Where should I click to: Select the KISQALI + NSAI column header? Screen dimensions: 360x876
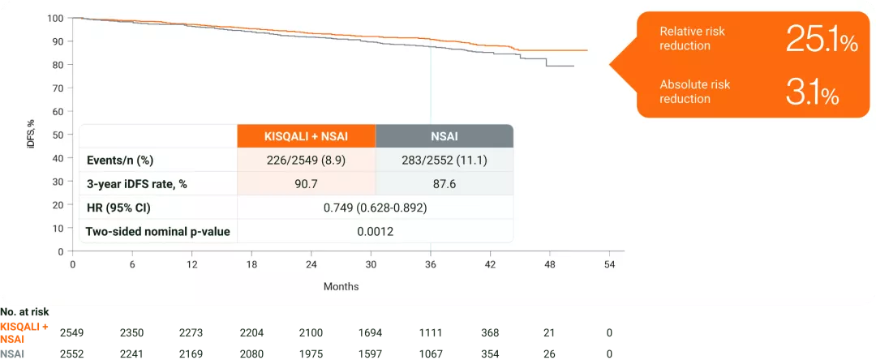pos(306,136)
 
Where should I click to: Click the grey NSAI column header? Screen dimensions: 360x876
pos(444,136)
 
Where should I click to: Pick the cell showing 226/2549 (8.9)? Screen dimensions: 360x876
pos(306,160)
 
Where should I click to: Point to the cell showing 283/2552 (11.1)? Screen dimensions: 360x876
pos(444,160)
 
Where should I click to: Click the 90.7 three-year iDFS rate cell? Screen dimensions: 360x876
pos(306,184)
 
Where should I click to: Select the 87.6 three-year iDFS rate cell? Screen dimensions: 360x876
pos(444,184)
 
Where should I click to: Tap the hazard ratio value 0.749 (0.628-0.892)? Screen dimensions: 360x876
pos(375,208)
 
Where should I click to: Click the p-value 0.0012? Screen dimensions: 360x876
pos(375,232)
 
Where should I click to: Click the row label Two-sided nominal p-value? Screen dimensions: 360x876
pos(157,232)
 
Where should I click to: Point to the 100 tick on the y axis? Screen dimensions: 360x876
pos(55,18)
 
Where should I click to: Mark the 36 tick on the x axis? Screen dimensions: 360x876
pos(431,265)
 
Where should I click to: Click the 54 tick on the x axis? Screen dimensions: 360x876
pos(610,265)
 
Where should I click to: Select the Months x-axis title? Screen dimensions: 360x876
pos(341,286)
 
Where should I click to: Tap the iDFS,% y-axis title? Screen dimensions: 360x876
pos(31,134)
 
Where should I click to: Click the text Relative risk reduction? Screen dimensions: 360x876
pos(692,38)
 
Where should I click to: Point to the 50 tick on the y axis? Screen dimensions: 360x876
pos(58,135)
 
